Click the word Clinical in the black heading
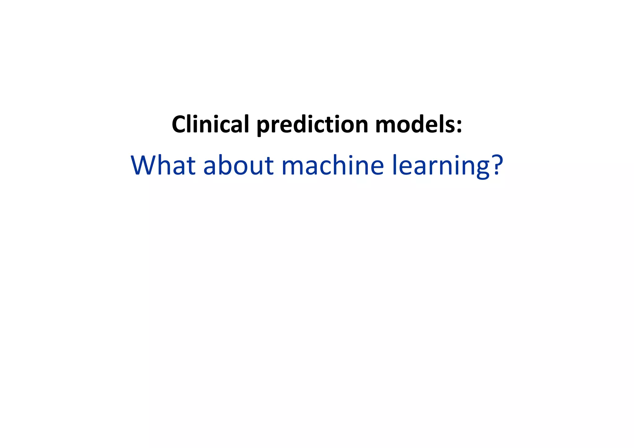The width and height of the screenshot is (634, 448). point(210,124)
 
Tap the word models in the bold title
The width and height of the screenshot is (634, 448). point(415,124)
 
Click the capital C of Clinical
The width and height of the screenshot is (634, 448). point(180,124)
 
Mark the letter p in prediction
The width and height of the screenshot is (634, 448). point(263,127)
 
